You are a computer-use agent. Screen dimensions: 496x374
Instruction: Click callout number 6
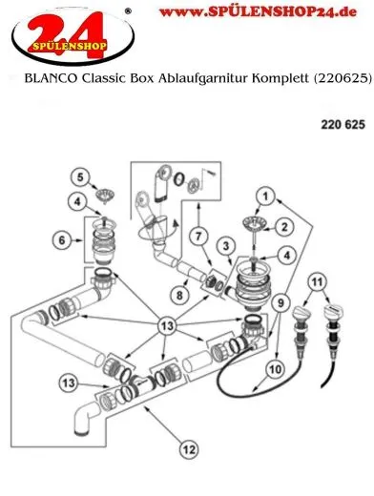point(63,242)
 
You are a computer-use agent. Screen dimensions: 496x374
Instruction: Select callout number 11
point(319,280)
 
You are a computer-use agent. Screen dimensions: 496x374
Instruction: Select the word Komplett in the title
point(276,83)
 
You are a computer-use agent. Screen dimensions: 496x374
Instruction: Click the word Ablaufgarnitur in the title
point(204,83)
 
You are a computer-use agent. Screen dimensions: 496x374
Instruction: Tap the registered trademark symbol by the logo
point(128,12)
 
